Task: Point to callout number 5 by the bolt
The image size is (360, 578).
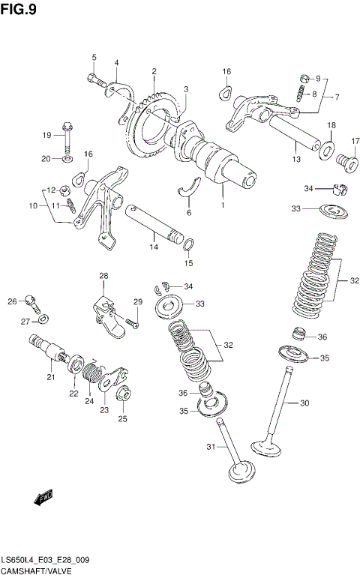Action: [x=94, y=58]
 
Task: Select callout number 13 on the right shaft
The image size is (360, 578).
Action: [x=296, y=159]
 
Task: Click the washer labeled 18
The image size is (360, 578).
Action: [x=328, y=147]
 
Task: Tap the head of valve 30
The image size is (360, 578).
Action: [x=267, y=448]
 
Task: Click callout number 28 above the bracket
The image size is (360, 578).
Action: [x=103, y=276]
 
